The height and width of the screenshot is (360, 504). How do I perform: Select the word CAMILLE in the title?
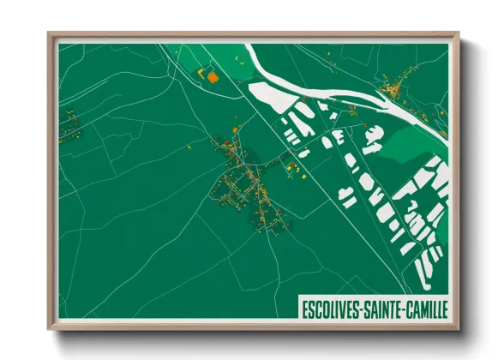click(x=429, y=308)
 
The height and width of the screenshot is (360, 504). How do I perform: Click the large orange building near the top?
click(x=212, y=77)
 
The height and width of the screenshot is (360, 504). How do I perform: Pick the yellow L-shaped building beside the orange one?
click(x=203, y=74)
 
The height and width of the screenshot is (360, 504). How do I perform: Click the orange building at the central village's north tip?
click(x=239, y=129)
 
